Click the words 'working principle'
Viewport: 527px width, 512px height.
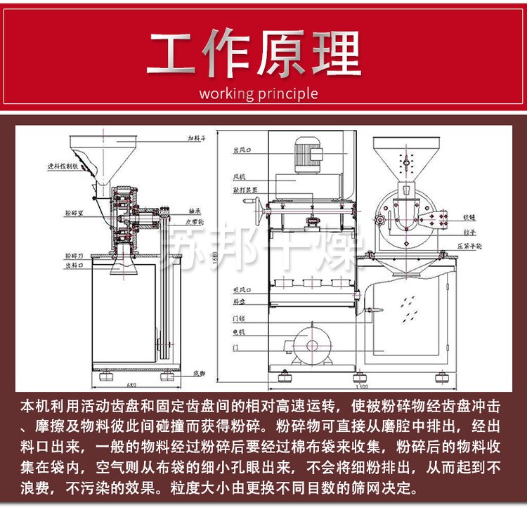point(258,94)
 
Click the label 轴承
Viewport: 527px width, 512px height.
point(196,211)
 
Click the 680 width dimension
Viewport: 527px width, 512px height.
point(131,384)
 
